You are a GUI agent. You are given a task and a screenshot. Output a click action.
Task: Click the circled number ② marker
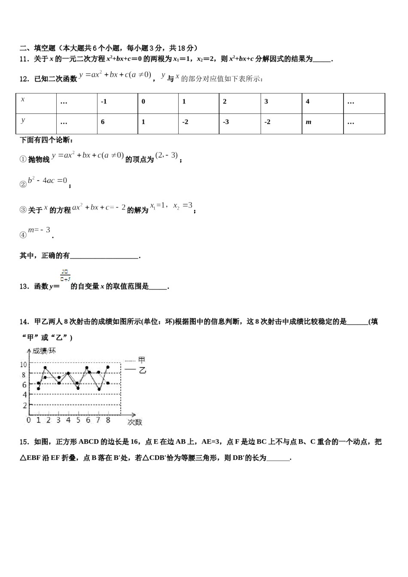click(x=23, y=185)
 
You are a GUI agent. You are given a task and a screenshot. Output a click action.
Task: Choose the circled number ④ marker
click(x=23, y=235)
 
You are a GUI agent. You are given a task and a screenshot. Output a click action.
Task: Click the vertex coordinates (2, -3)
click(x=167, y=156)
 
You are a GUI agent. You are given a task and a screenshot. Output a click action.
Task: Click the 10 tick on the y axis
click(x=23, y=364)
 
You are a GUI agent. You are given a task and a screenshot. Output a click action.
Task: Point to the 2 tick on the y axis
click(x=25, y=405)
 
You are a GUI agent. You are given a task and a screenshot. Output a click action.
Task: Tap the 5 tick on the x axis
click(x=78, y=420)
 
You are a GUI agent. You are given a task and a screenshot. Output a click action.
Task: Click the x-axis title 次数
click(x=134, y=422)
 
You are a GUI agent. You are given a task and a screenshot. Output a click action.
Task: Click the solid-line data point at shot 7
click(x=99, y=389)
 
